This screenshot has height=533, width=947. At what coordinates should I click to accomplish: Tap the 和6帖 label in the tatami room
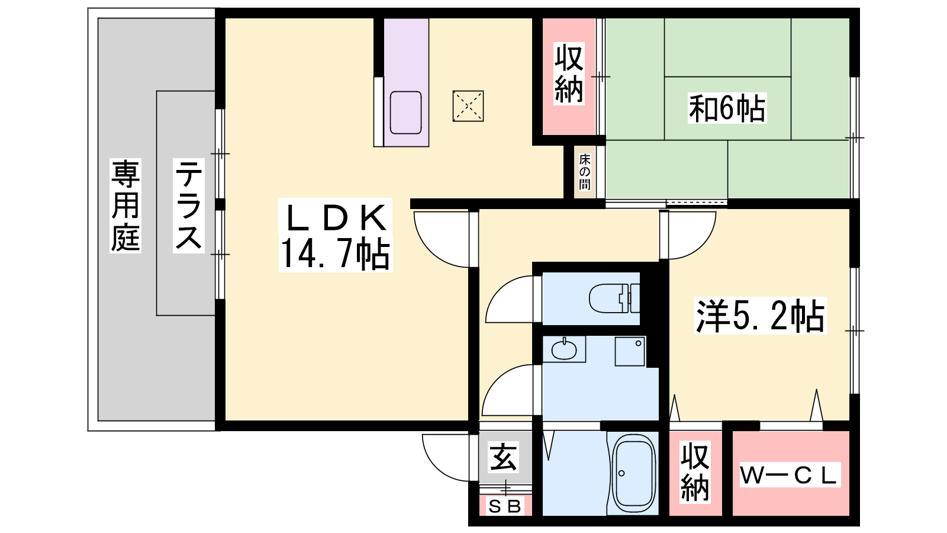coord(727,108)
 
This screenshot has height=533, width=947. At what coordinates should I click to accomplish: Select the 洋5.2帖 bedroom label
coord(760,316)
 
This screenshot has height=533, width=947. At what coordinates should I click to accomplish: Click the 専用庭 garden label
coord(125,206)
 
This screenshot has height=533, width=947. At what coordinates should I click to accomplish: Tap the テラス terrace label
coord(189,206)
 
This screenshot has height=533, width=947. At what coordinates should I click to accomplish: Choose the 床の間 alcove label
coord(585,172)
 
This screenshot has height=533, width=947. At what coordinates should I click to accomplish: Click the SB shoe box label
coord(504,506)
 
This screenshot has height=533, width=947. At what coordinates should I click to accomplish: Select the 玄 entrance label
coord(503,457)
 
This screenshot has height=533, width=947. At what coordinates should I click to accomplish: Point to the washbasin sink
coord(564,350)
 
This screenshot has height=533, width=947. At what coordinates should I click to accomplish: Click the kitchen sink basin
coord(405,113)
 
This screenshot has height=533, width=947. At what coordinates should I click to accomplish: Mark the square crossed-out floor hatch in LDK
coord(468,106)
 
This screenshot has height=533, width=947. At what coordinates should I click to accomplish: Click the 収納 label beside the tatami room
coord(569,73)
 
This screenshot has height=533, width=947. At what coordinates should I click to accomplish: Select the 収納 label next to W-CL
coord(695,472)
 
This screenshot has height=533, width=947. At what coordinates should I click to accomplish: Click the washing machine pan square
coord(630,351)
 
